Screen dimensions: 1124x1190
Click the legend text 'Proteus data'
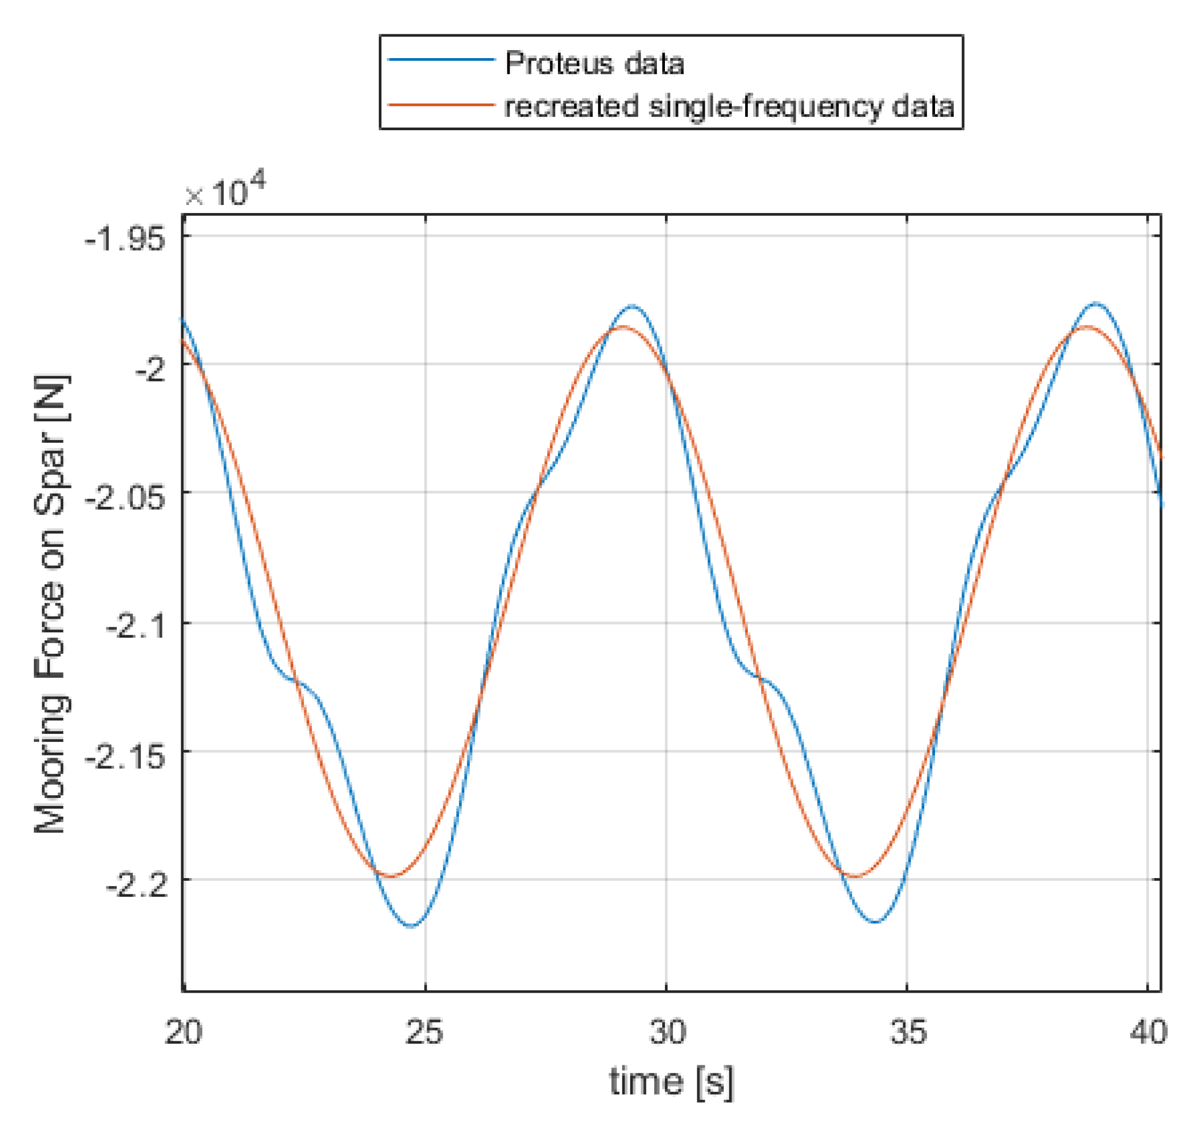click(594, 63)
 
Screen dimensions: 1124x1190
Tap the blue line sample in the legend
click(441, 60)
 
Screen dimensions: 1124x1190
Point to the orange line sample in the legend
click(441, 105)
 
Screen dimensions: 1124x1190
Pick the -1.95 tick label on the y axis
click(125, 239)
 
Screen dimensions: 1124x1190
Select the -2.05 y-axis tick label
click(125, 497)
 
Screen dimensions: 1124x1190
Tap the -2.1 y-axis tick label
click(136, 627)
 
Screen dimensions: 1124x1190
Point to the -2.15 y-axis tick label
click(125, 757)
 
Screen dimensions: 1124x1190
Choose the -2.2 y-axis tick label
click(136, 885)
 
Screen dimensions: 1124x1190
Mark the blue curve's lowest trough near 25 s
click(412, 927)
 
